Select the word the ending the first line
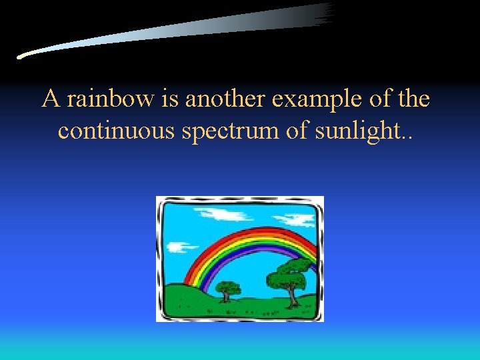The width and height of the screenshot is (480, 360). (413, 99)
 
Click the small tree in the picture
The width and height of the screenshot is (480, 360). (229, 289)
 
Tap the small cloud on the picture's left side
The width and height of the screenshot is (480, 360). (175, 247)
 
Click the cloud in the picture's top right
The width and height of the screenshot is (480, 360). (298, 219)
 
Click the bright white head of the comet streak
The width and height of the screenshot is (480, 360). (24, 56)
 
